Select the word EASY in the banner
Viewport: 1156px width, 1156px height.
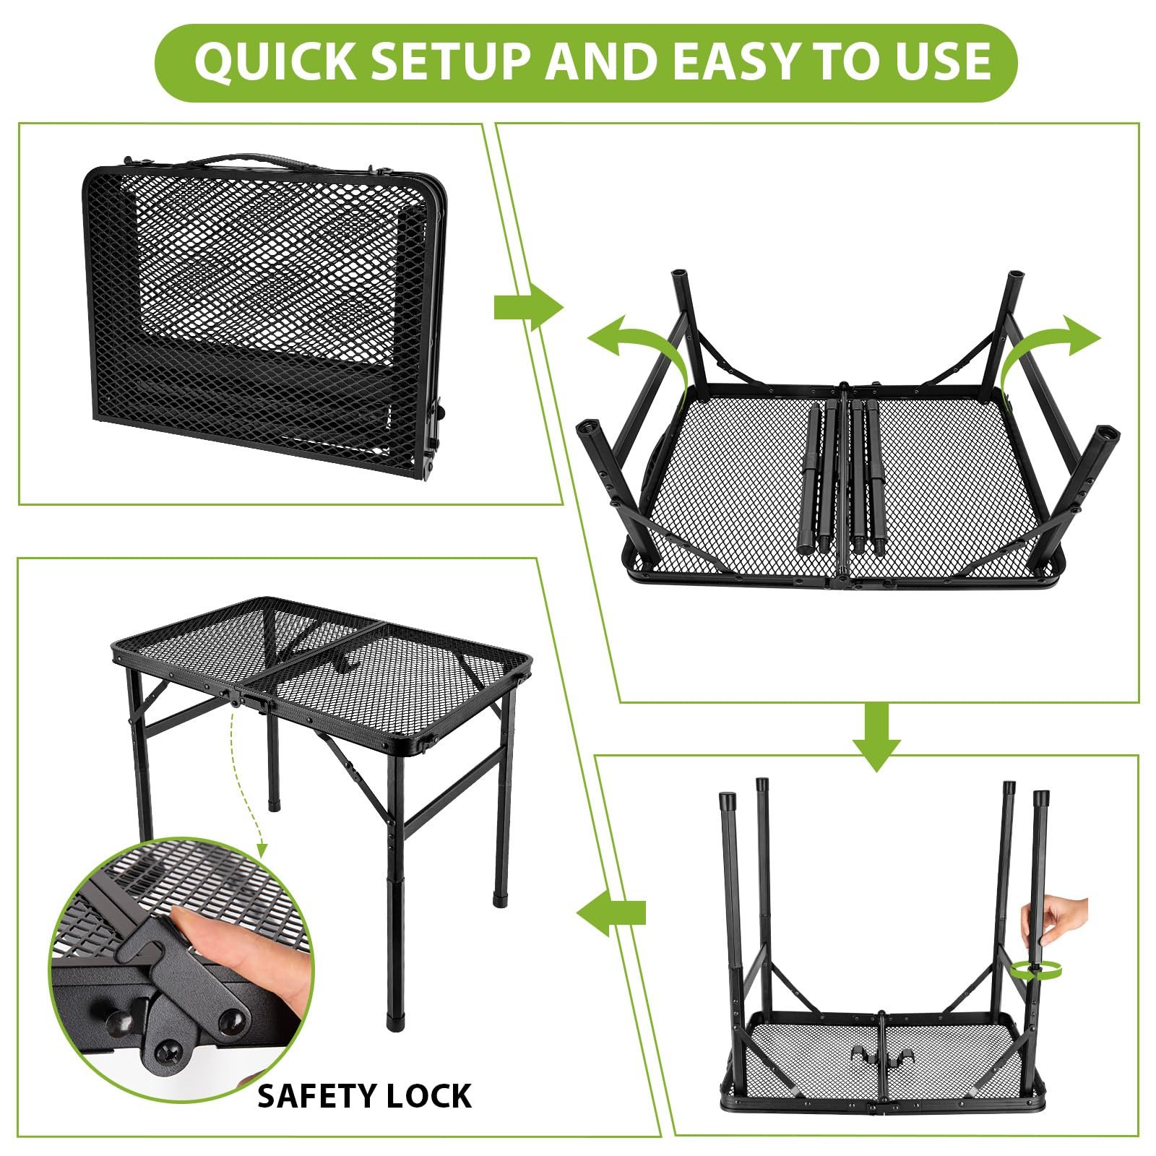732,61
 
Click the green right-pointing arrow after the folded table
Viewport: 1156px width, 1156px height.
528,308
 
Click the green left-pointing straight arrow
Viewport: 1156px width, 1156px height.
611,912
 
